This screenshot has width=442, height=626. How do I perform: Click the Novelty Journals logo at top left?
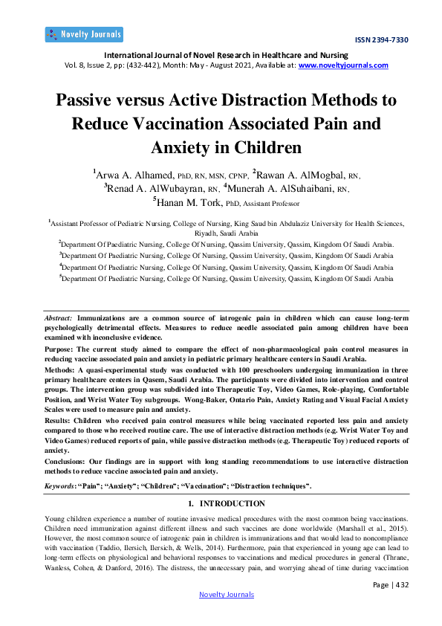click(x=84, y=34)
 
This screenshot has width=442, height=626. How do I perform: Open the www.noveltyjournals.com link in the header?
click(x=343, y=65)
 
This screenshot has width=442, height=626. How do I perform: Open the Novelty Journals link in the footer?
click(x=227, y=594)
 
